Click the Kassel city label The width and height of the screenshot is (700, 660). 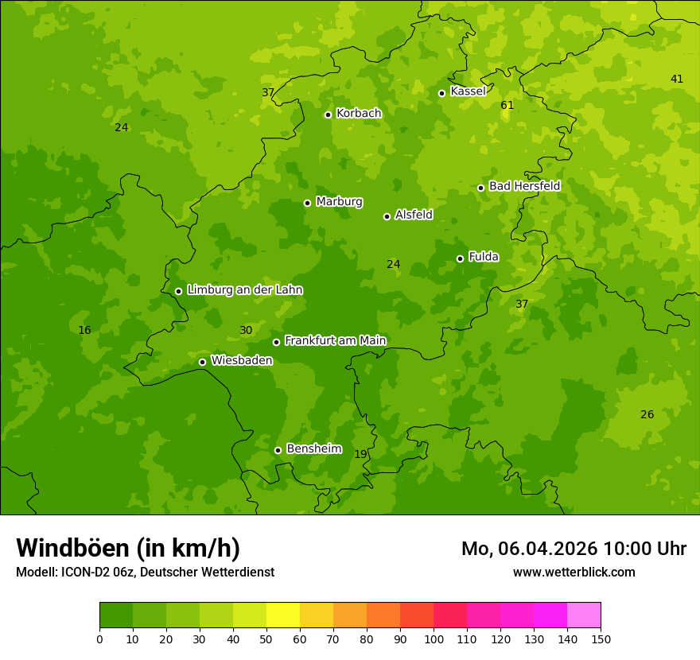(x=468, y=91)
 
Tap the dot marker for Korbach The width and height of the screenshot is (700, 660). (x=328, y=115)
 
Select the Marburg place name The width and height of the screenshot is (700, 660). (x=339, y=202)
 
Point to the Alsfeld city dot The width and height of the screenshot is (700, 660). (x=387, y=216)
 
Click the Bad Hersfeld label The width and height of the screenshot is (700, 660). (x=524, y=186)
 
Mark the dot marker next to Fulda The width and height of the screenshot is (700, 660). (x=460, y=258)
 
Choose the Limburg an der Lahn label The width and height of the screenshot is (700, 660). (x=244, y=290)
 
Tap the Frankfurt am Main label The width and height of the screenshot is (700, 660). (x=335, y=340)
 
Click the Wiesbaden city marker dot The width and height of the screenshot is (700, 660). (x=202, y=362)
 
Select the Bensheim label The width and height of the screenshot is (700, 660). (x=313, y=449)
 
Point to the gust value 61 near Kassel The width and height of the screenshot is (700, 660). (x=507, y=106)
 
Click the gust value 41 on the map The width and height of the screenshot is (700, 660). (x=677, y=79)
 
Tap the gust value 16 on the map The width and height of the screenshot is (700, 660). (x=85, y=331)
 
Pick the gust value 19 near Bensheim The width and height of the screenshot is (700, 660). (x=361, y=455)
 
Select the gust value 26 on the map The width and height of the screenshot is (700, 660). (x=647, y=415)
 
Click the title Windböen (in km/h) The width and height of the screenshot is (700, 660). (x=128, y=548)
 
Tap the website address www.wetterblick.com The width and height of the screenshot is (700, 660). (x=574, y=573)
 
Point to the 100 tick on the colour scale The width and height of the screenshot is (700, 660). (x=434, y=639)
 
